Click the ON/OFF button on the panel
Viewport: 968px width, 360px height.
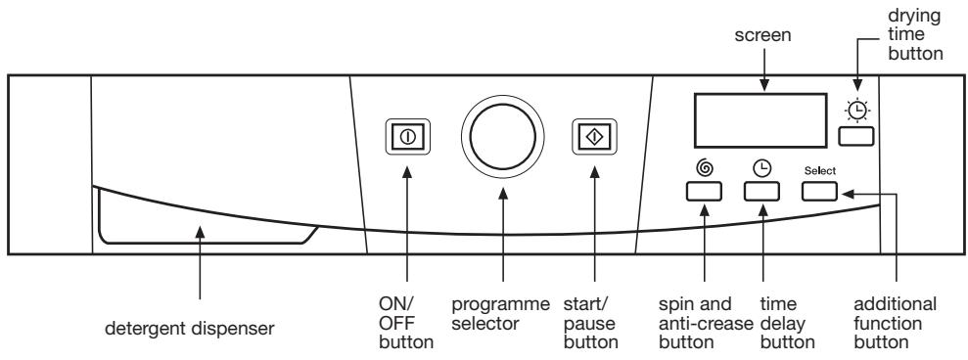(x=408, y=136)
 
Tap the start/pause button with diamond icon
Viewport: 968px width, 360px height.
(x=594, y=136)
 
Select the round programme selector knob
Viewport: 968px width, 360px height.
(x=502, y=137)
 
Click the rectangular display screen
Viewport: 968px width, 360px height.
(x=761, y=120)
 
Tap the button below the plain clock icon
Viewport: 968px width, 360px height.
(x=761, y=192)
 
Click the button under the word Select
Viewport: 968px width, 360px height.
(x=820, y=192)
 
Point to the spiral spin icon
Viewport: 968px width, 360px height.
(x=703, y=168)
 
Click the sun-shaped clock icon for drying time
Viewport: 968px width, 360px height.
(x=856, y=110)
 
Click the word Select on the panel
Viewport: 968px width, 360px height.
(x=820, y=170)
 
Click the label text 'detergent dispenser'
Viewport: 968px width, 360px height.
(x=189, y=329)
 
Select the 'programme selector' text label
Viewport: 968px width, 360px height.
(x=501, y=314)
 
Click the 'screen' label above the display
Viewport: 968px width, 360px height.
(x=762, y=35)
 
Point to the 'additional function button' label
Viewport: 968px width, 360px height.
(x=895, y=323)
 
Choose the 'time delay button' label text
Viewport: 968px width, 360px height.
(x=787, y=323)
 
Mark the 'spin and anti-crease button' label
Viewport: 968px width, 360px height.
(x=707, y=323)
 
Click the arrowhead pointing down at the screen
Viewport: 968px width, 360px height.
(x=763, y=87)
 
